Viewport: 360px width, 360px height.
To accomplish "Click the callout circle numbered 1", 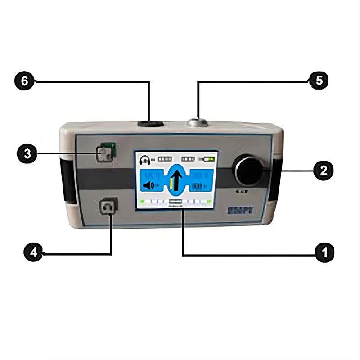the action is click(324, 252).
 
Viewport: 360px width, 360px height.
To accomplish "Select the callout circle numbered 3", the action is click(27, 153).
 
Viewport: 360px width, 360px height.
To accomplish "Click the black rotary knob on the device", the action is click(246, 170).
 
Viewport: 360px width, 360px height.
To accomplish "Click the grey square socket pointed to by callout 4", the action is click(108, 208).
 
